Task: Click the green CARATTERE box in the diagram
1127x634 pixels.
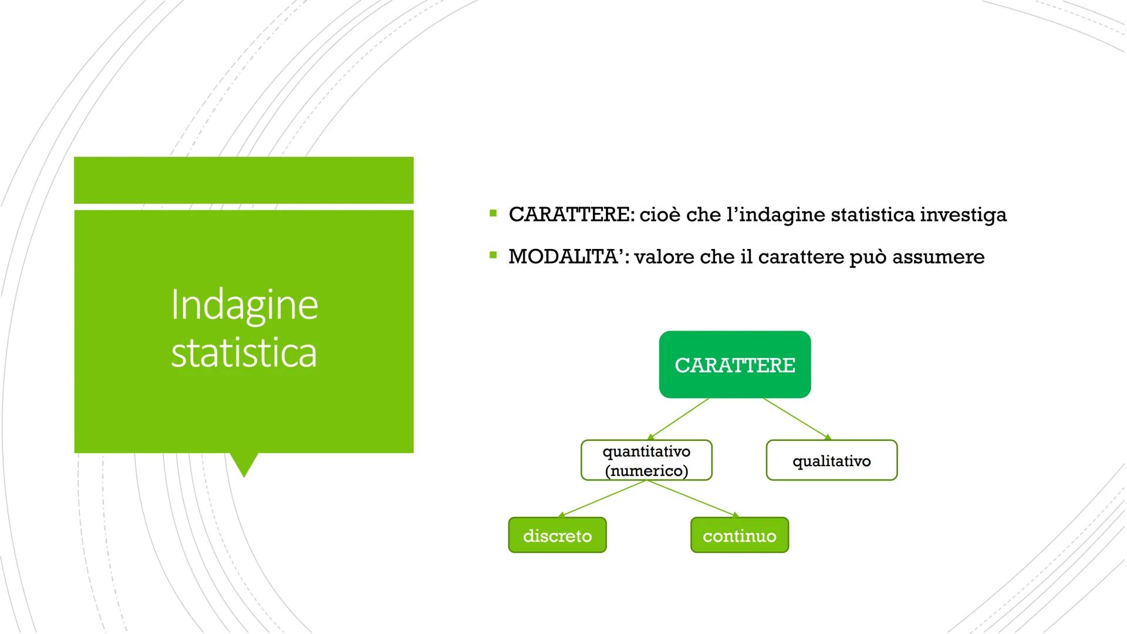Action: point(735,365)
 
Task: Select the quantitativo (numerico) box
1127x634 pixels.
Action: point(646,460)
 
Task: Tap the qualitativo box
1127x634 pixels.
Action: point(832,460)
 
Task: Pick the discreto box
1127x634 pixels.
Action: point(557,535)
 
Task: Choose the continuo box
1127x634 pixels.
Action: point(740,535)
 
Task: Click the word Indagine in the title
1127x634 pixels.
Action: point(244,305)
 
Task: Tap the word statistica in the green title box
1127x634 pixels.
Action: point(244,352)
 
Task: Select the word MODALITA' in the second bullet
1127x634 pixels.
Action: point(569,257)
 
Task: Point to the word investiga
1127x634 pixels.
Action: point(963,215)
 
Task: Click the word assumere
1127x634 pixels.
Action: point(939,257)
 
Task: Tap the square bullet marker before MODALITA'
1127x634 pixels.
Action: point(493,255)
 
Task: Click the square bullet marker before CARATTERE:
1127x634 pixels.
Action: point(493,213)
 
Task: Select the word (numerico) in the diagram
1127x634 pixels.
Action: point(646,471)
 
